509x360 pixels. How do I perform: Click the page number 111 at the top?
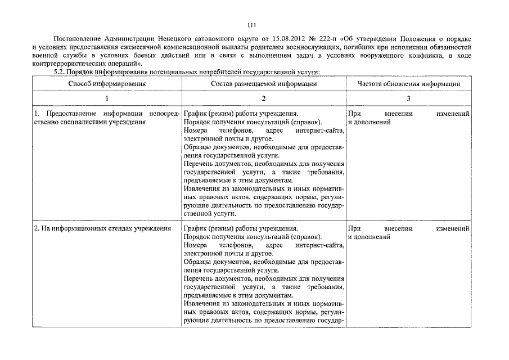[252, 25]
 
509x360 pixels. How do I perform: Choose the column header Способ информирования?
[107, 84]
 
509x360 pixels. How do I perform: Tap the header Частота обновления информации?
[409, 84]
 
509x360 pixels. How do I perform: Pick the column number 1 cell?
[107, 98]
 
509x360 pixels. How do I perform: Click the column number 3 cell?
[409, 98]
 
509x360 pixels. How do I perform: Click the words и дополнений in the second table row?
[369, 237]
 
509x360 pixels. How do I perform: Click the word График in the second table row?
[195, 229]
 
